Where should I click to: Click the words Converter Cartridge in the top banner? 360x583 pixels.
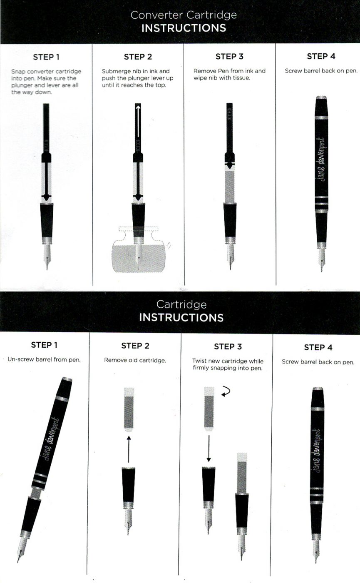pos(183,15)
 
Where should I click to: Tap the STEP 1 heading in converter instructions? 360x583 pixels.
pos(46,57)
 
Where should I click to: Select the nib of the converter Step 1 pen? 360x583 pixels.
pos(47,256)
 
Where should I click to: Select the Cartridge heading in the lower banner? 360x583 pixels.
pos(181,304)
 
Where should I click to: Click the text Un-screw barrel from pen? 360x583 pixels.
pos(44,359)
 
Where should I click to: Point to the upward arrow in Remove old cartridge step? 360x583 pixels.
pos(129,448)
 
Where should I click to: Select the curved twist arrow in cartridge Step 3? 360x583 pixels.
pos(226,391)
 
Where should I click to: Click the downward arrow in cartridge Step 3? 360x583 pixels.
pos(209,449)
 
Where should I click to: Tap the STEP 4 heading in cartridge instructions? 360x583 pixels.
pos(318,347)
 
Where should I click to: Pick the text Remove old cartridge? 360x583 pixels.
pos(135,360)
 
